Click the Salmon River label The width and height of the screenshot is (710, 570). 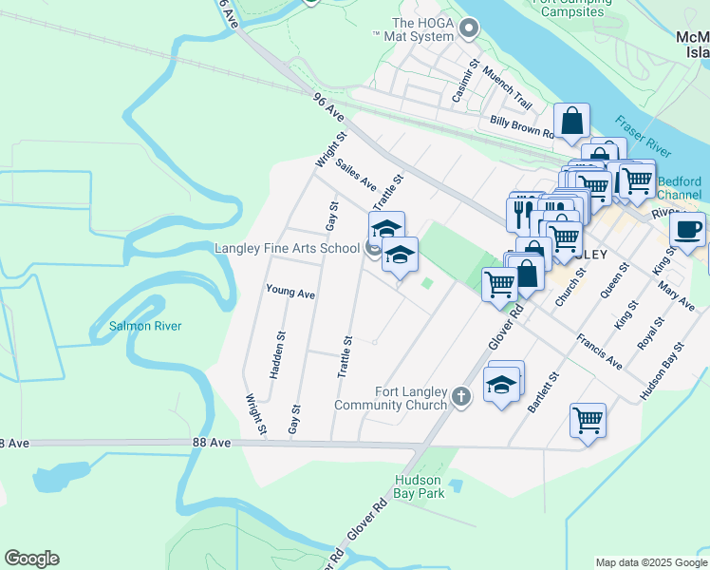coord(144,326)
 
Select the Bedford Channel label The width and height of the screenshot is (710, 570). coord(679,188)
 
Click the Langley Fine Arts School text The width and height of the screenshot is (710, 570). coord(287,249)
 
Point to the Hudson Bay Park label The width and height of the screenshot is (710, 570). coord(419,487)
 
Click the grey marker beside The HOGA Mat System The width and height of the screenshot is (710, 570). coord(469,28)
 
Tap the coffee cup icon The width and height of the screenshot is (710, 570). coord(687,229)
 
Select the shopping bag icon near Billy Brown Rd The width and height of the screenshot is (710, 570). coord(571,121)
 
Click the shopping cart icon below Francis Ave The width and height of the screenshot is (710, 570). coord(588,418)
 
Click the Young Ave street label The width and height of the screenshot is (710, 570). coord(290,293)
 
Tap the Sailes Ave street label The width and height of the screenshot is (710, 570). coord(356,173)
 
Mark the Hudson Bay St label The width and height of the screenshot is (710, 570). coord(662,370)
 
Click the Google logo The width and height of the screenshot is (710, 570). coord(31,559)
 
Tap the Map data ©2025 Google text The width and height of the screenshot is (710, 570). coord(651,562)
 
